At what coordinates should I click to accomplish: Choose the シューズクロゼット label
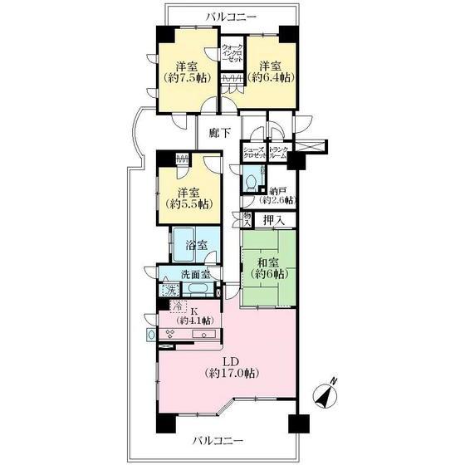tap(254, 153)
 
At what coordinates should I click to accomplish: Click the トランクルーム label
tap(277, 153)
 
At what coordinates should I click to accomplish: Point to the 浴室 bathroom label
tap(196, 247)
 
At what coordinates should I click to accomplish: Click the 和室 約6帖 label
tap(267, 268)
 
